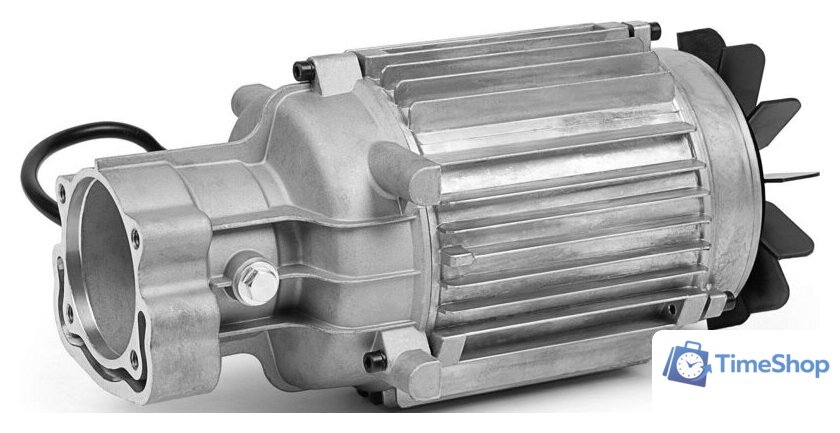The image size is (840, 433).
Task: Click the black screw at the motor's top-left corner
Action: pos(299,69)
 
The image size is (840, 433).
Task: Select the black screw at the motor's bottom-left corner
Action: pos(372,361)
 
